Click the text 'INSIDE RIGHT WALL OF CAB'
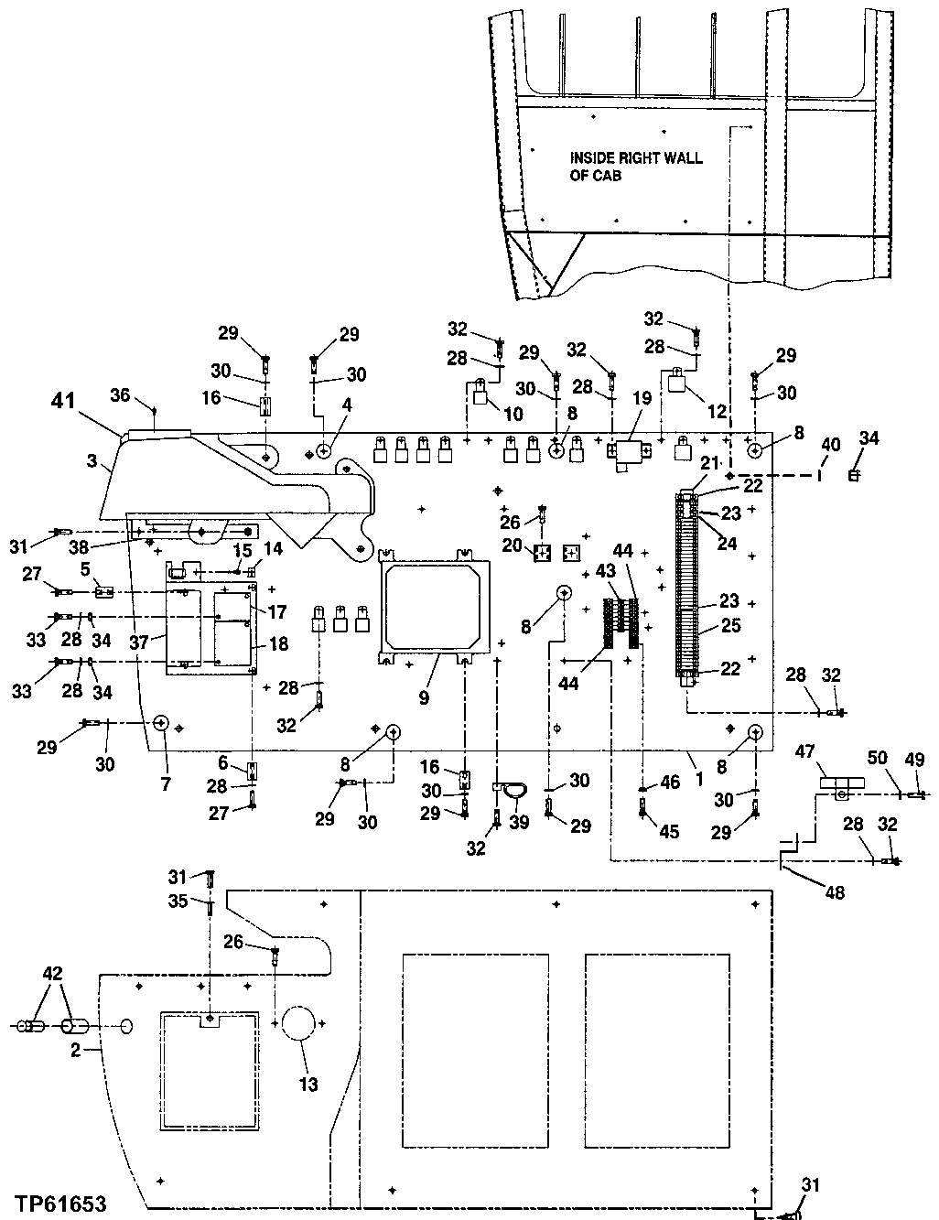point(635,166)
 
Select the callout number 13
point(308,1085)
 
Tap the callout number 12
point(715,415)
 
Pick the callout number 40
point(829,445)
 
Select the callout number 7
point(166,759)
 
